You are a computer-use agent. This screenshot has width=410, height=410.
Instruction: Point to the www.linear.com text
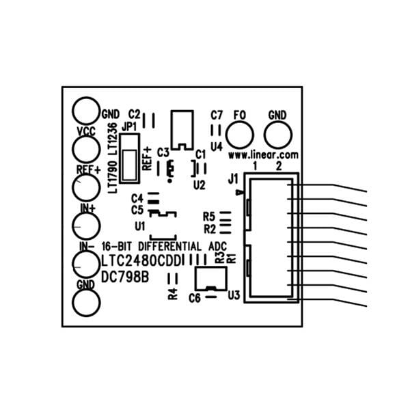coord(264,155)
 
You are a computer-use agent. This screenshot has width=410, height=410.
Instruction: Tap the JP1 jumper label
coord(129,127)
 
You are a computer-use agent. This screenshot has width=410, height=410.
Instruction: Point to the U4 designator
coord(217,146)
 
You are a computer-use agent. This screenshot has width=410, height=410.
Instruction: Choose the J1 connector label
coord(232,180)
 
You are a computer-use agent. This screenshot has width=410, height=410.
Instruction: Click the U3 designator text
coord(234,295)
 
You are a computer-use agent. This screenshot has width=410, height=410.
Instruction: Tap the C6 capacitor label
coord(194,299)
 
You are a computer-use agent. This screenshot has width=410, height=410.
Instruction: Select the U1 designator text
coord(139,225)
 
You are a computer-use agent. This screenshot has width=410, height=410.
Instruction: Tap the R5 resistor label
coord(209,217)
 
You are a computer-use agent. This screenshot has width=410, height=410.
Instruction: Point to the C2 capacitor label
coord(134,113)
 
